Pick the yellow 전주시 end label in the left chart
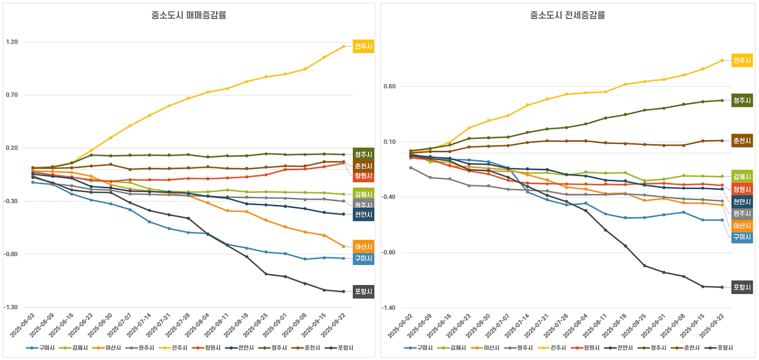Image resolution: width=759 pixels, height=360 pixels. click(x=363, y=46)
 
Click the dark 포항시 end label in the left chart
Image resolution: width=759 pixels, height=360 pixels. click(x=363, y=292)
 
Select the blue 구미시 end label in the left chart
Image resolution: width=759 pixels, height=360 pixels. click(x=363, y=259)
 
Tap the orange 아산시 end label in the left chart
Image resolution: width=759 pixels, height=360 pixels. click(x=363, y=247)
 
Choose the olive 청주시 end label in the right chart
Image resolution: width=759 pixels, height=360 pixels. click(x=742, y=100)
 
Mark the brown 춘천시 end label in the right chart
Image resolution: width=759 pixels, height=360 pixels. click(x=742, y=141)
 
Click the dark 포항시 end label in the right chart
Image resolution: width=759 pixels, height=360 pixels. click(x=742, y=287)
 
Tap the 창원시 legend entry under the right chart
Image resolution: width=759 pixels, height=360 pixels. click(x=586, y=348)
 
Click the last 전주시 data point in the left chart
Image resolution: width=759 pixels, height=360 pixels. click(x=344, y=46)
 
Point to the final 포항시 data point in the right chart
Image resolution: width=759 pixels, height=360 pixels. click(x=722, y=287)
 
